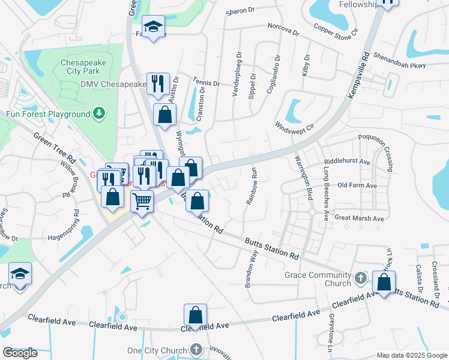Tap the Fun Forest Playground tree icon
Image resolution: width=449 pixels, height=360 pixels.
pos(100,113)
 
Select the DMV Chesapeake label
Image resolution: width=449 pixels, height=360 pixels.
pos(113,84)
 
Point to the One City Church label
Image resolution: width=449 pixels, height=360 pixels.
pos(158,350)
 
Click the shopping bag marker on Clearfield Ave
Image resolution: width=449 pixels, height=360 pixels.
pos(195,315)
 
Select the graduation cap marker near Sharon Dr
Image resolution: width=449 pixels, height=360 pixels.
pos(154,26)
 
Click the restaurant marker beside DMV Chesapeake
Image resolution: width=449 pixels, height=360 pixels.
pos(158,83)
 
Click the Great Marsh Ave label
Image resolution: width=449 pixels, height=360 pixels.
pos(359,219)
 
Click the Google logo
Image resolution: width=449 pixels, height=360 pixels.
pos(20,353)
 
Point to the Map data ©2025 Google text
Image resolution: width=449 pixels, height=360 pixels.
pos(411,355)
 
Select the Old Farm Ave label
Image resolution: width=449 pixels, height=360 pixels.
pos(357,186)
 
